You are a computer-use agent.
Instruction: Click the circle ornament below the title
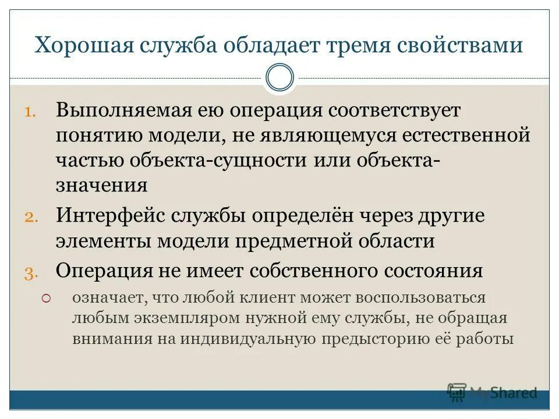279,78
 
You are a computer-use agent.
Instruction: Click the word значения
102,186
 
